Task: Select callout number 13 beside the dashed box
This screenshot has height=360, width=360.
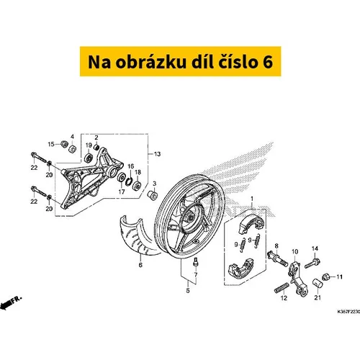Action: point(157,154)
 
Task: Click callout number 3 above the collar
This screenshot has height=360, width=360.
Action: point(155,184)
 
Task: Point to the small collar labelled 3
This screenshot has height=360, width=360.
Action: point(153,194)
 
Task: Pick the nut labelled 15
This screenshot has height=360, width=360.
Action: point(64,144)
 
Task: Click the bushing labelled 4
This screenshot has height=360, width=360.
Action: point(72,148)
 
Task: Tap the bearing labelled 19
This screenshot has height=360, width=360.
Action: point(89,158)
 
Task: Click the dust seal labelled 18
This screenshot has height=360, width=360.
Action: point(138,186)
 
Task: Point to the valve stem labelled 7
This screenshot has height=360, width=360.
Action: point(195,261)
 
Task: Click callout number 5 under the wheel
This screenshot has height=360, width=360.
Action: point(188,290)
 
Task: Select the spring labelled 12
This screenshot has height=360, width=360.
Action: point(282,287)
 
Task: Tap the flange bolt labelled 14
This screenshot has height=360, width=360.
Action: point(312,263)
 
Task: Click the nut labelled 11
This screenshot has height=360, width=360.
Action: point(326,277)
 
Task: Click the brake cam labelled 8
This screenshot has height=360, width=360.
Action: point(277,258)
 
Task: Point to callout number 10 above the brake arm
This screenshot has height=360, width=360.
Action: point(295,252)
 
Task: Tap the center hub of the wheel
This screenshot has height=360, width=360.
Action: point(191,218)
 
